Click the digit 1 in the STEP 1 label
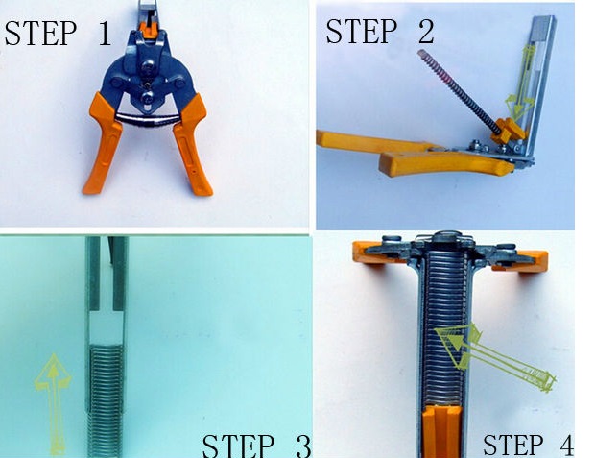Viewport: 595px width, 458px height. pos(104,34)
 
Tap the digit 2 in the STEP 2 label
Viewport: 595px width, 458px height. pos(426,31)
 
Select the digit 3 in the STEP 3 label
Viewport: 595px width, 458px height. pos(303,446)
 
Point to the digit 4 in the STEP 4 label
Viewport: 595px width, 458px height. pos(566,445)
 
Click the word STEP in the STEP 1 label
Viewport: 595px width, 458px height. pos(40,34)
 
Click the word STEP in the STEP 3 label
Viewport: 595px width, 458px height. pos(238,446)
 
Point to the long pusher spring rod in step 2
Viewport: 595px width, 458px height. pos(458,91)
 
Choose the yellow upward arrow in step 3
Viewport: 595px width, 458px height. pos(54,404)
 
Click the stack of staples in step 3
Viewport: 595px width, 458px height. pos(106,400)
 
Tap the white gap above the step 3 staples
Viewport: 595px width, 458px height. pos(107,326)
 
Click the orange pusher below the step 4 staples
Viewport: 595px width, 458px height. pos(442,432)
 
